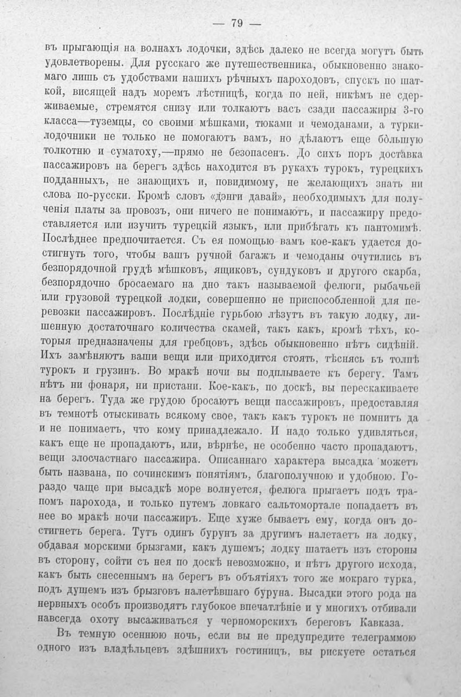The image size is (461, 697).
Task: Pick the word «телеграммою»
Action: (x=380, y=635)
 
